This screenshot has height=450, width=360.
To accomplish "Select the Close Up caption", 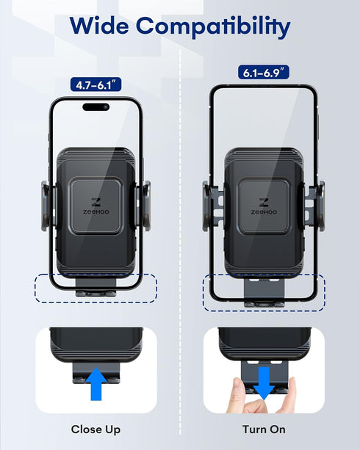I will (x=96, y=429).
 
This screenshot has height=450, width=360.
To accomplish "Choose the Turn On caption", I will (x=264, y=429).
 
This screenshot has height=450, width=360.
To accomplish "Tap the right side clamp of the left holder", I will (x=143, y=203).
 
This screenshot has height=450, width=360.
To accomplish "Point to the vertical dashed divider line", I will (x=180, y=220).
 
